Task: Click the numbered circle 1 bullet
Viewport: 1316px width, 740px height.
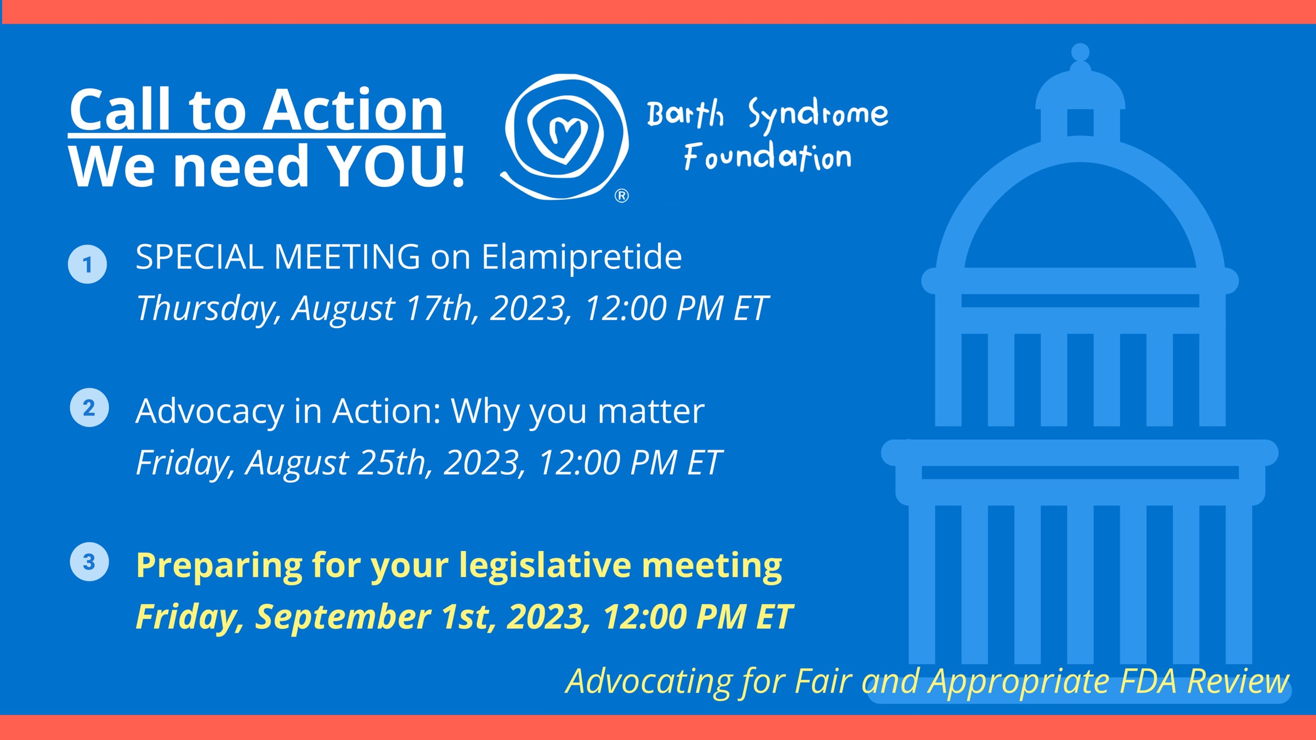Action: pos(87,264)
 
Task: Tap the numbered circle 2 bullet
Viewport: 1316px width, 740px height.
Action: pos(89,408)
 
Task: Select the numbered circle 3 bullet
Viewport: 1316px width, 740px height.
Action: pos(89,562)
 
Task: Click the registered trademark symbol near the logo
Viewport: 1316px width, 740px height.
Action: pos(621,196)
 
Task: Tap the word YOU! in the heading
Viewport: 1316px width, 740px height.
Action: pos(396,166)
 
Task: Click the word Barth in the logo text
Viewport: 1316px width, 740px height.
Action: pos(685,113)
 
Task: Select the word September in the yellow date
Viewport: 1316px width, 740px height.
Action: pos(343,617)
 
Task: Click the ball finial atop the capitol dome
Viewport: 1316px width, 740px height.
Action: pos(1080,52)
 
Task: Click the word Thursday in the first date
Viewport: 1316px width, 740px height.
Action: pos(208,308)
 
